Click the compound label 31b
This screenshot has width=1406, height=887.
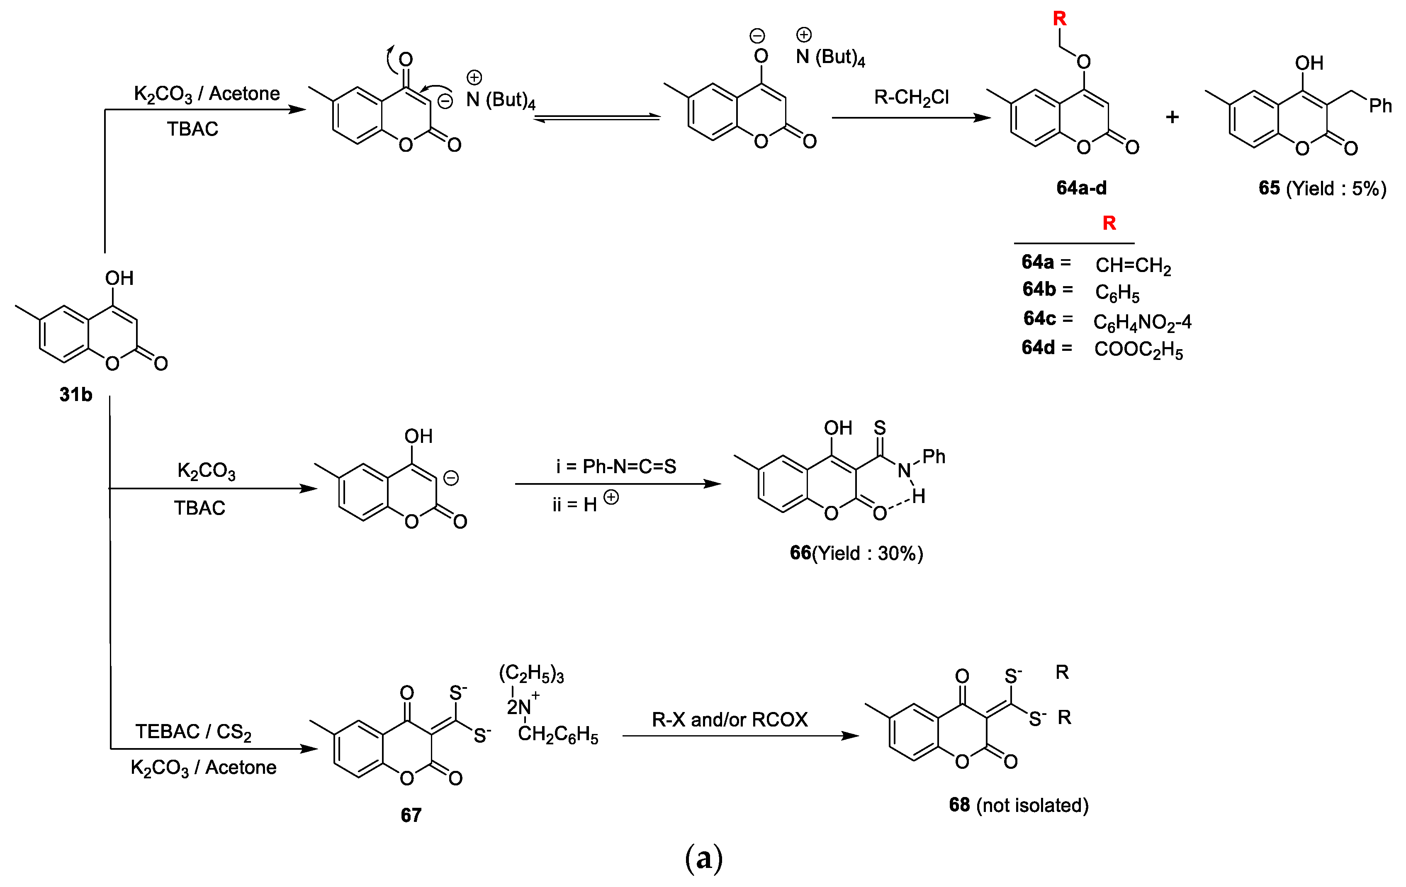pyautogui.click(x=76, y=395)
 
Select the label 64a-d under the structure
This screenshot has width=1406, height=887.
pyautogui.click(x=1081, y=188)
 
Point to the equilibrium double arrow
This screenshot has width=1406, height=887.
pyautogui.click(x=597, y=118)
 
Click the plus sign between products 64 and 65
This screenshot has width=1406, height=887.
pyautogui.click(x=1172, y=117)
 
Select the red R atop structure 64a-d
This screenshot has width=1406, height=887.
pyautogui.click(x=1059, y=19)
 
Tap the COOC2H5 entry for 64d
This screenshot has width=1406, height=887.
pyautogui.click(x=1138, y=350)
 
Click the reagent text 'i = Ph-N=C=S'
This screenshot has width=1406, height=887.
pyautogui.click(x=616, y=466)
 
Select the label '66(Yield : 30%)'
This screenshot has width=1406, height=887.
pyautogui.click(x=856, y=553)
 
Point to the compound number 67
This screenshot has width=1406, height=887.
pyautogui.click(x=411, y=814)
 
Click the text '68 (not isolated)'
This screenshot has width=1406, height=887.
pyautogui.click(x=1018, y=805)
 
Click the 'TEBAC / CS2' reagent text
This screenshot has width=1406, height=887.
pyautogui.click(x=193, y=731)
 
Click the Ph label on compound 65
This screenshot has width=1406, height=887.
pyautogui.click(x=1380, y=106)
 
